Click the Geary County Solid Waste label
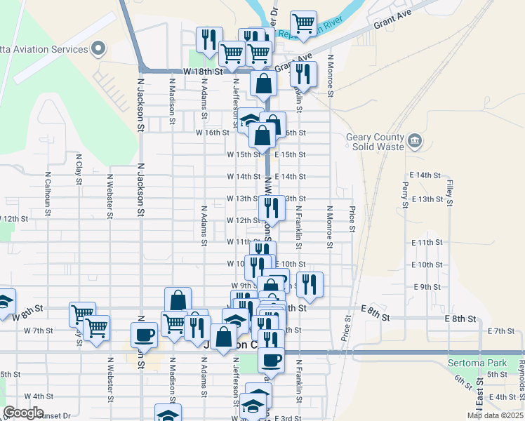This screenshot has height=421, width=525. pyautogui.click(x=376, y=142)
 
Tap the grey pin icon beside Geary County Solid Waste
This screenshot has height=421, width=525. pyautogui.click(x=416, y=141)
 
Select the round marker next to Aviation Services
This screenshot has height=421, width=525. pyautogui.click(x=98, y=49)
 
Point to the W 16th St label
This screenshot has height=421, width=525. pyautogui.click(x=212, y=133)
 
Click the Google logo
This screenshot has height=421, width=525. pyautogui.click(x=23, y=413)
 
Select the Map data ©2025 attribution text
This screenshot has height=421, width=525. pyautogui.click(x=494, y=415)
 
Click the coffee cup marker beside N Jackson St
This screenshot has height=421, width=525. pyautogui.click(x=144, y=334)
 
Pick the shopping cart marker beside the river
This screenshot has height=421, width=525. pyautogui.click(x=303, y=22)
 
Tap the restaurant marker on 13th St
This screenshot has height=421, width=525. pyautogui.click(x=271, y=208)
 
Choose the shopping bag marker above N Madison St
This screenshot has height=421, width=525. pyautogui.click(x=178, y=300)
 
